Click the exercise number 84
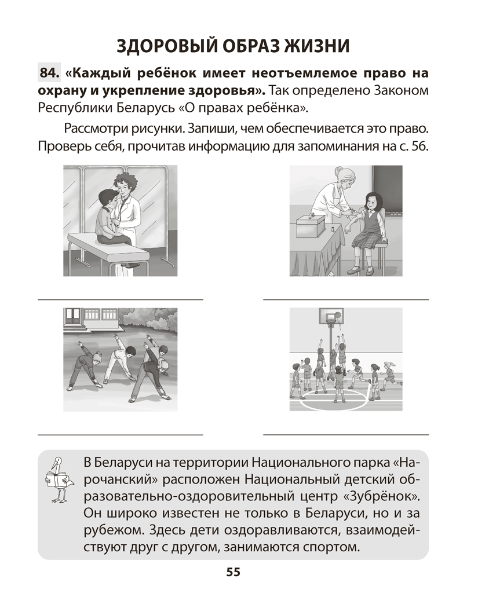click(x=49, y=72)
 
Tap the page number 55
click(x=233, y=572)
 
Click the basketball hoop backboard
click(x=331, y=316)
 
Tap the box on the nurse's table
click(x=311, y=225)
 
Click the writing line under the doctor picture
click(x=121, y=300)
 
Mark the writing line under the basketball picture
click(x=346, y=435)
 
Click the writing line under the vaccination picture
click(x=346, y=300)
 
